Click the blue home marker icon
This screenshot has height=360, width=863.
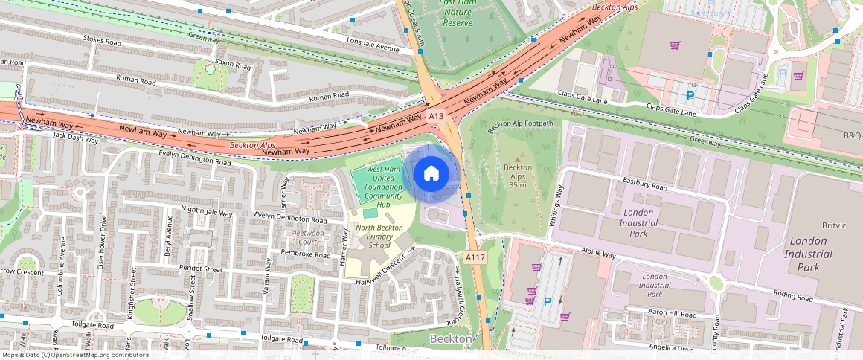pyautogui.click(x=431, y=174)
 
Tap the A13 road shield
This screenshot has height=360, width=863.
pyautogui.click(x=436, y=116)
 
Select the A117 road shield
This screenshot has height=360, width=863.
pyautogui.click(x=475, y=257)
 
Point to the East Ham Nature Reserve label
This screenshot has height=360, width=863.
pyautogui.click(x=458, y=13)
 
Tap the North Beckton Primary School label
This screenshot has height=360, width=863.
pyautogui.click(x=373, y=237)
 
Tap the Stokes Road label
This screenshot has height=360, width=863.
pyautogui.click(x=103, y=43)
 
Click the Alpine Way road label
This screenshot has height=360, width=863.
pyautogui.click(x=599, y=254)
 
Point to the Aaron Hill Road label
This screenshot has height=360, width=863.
pyautogui.click(x=672, y=315)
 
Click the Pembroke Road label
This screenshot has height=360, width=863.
pyautogui.click(x=305, y=254)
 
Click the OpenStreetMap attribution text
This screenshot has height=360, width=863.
pyautogui.click(x=74, y=355)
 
